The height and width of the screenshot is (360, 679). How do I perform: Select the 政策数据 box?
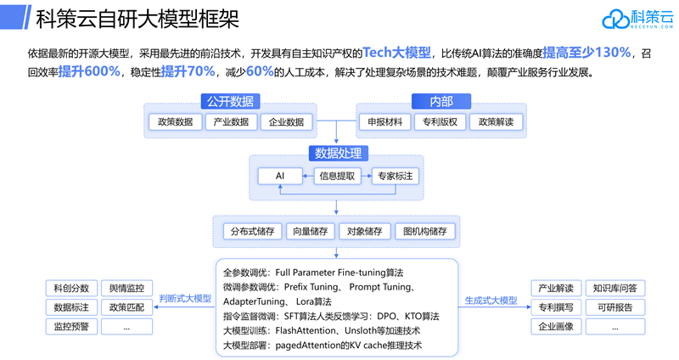[x=176, y=122]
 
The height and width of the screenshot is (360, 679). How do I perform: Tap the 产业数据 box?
[x=229, y=122]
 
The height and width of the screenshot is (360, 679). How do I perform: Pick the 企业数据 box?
[x=283, y=122]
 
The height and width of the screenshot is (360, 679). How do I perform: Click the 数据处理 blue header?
[x=338, y=154]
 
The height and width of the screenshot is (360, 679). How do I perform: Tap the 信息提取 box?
[x=338, y=177]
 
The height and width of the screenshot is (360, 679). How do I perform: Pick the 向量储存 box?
[x=309, y=231]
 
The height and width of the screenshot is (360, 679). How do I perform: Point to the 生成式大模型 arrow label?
[x=491, y=300]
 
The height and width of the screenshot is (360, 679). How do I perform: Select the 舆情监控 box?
[x=126, y=288]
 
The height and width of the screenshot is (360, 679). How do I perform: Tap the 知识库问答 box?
[x=614, y=288]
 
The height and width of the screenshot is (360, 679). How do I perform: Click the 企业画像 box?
[x=555, y=326]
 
